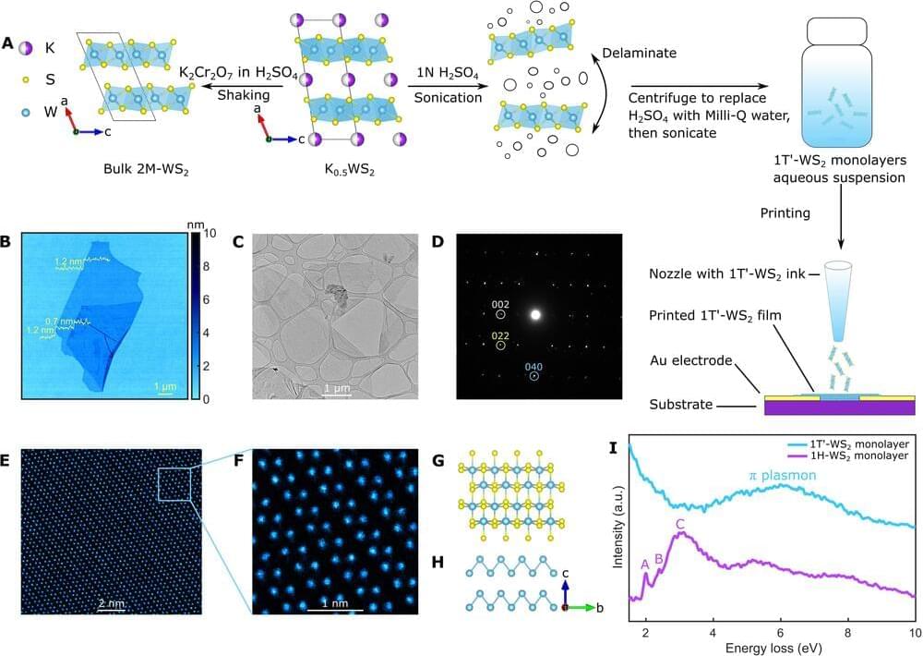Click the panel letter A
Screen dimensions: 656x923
pos(8,43)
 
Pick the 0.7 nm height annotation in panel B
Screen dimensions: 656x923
pos(59,320)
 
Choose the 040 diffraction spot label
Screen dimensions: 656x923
pos(533,367)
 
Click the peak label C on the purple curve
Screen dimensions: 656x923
pos(680,525)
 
